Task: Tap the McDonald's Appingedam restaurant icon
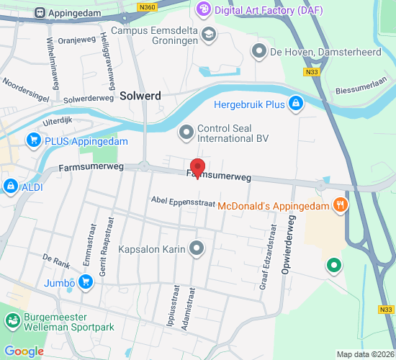click(341, 205)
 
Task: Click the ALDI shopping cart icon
click(10, 187)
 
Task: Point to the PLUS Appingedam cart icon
click(33, 140)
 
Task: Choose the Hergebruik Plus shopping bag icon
click(294, 104)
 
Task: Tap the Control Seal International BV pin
click(186, 132)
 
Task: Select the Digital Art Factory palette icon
click(204, 9)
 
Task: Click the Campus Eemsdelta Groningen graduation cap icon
click(208, 34)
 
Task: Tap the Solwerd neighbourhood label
click(140, 94)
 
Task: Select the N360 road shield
click(148, 6)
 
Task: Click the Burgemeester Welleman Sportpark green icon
click(12, 321)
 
